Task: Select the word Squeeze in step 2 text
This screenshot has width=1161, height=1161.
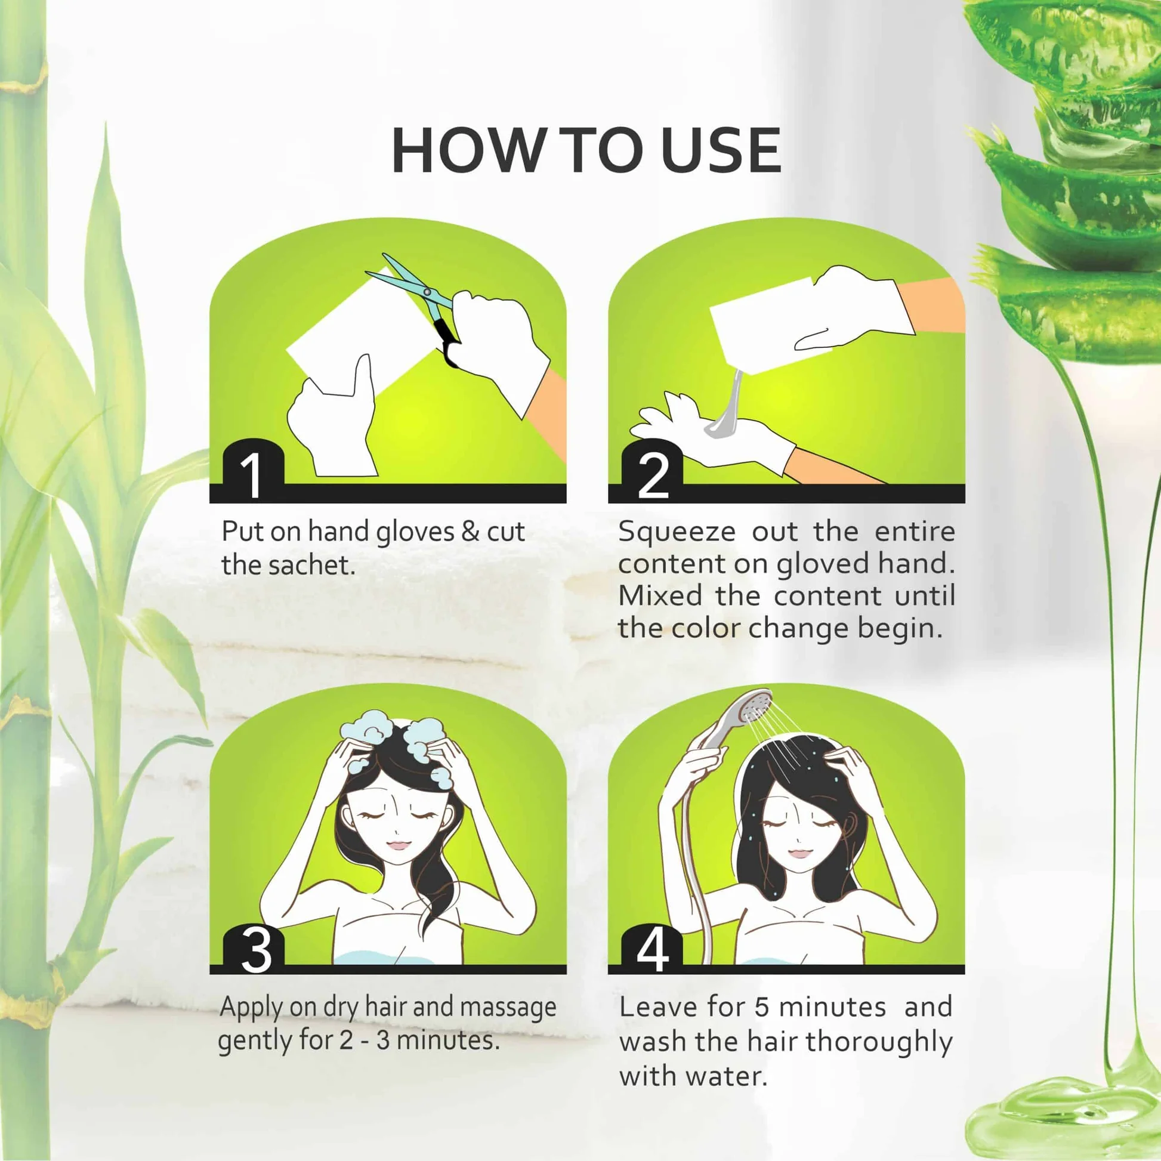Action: pos(676,533)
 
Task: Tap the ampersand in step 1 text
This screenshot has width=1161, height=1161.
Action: pos(471,532)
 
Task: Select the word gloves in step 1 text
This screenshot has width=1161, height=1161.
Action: pos(415,533)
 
